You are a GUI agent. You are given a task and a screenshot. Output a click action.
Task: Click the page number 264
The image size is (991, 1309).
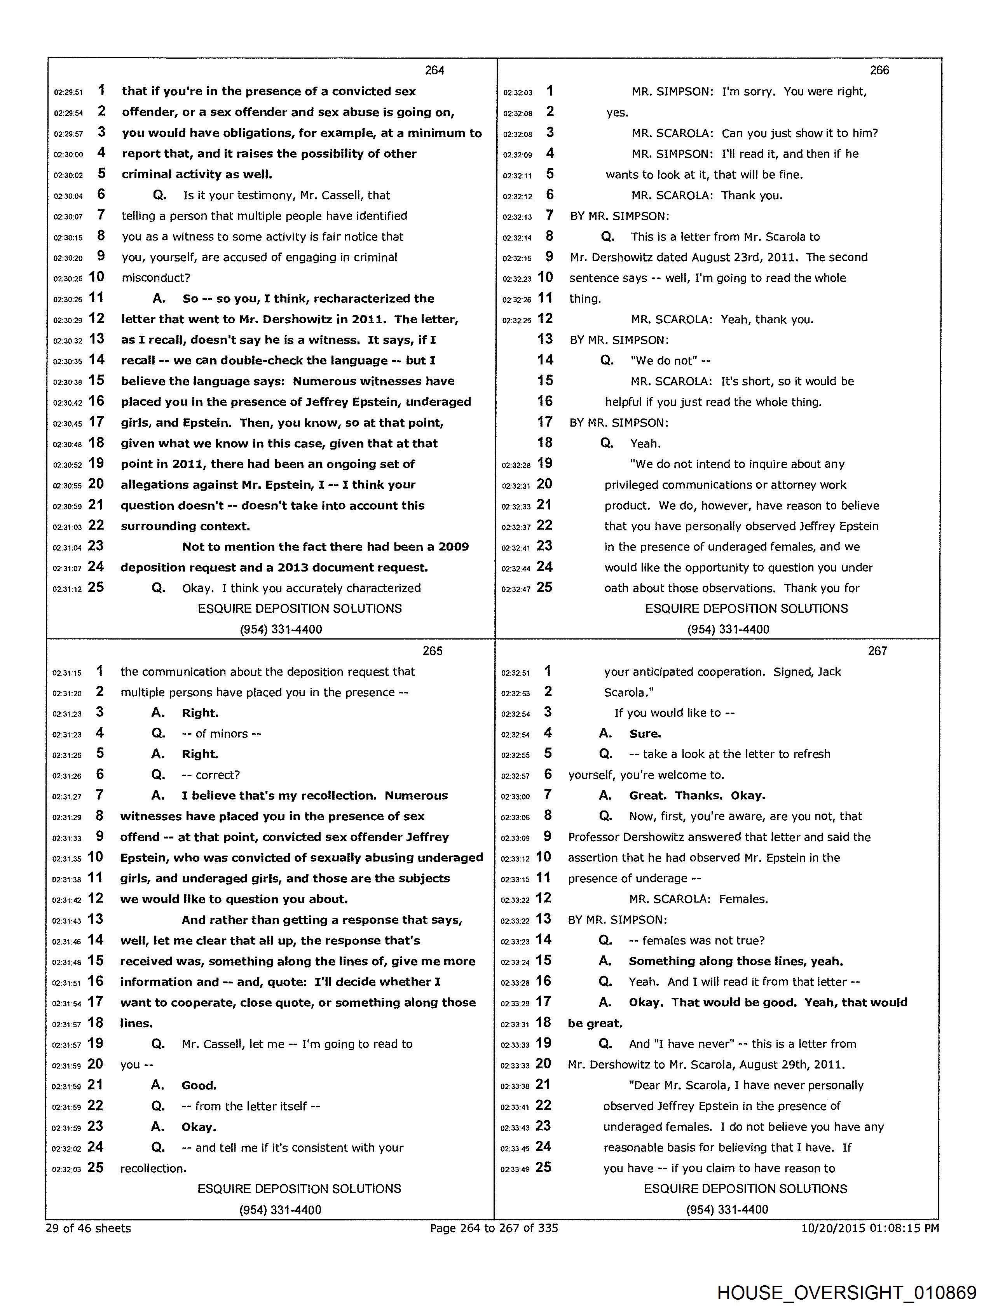point(434,70)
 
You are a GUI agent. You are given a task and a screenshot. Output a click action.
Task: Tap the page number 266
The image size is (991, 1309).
point(879,70)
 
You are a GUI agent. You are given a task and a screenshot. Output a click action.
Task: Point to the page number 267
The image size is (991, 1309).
point(878,651)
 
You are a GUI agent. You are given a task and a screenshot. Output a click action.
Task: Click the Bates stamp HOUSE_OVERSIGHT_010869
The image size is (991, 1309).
point(846,1292)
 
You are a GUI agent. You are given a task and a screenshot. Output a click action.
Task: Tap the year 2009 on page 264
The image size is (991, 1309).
point(454,547)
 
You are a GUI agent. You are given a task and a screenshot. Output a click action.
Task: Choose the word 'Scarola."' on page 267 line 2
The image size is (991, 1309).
point(628,692)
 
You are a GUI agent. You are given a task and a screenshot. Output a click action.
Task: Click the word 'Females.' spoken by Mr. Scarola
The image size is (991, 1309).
point(743,899)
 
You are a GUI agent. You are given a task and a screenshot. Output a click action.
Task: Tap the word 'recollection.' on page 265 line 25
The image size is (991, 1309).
point(154,1169)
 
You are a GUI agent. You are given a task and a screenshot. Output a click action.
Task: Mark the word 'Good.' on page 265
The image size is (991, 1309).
point(199,1086)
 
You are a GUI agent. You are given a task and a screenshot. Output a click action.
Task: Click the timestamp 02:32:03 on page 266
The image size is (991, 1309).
point(517,92)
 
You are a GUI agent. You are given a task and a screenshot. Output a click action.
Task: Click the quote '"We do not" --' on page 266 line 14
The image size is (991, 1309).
point(670,361)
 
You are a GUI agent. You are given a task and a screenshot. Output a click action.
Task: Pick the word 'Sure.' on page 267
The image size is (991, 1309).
point(645,734)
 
